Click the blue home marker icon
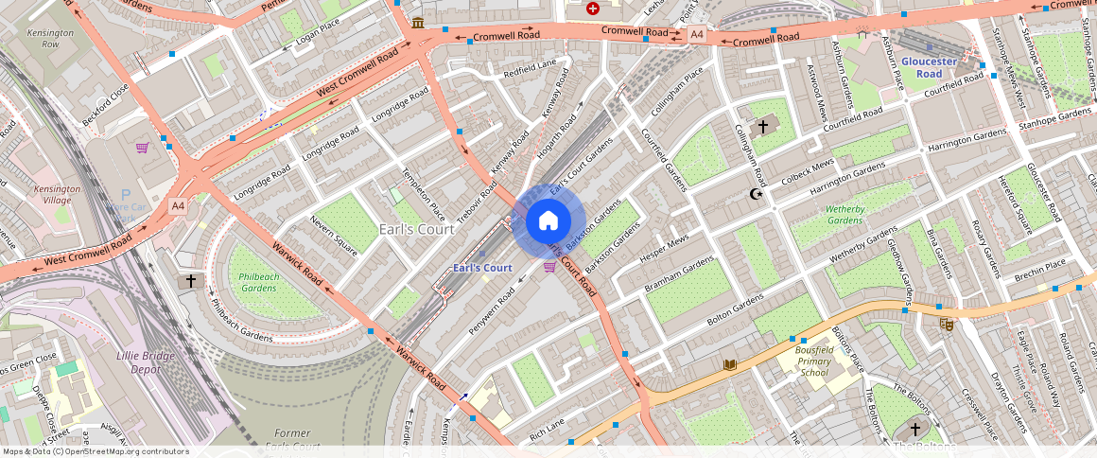pos(548,221)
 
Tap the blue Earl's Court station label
pos(482,268)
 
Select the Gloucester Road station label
pos(929,67)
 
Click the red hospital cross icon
pos(593,9)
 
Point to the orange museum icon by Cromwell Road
pos(418,23)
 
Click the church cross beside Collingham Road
pos(763,126)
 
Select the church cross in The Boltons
pos(914,429)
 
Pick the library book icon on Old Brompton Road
pos(729,364)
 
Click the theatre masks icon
pos(945,324)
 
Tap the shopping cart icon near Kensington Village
pos(142,148)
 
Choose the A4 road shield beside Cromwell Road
pos(697,34)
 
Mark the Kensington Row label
pos(43,39)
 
